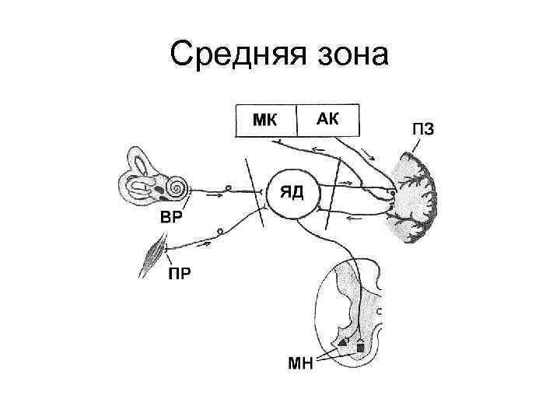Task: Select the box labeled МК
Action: (265, 121)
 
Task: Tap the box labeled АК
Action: (327, 121)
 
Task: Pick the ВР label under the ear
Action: (172, 217)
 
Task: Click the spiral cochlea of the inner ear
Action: (177, 188)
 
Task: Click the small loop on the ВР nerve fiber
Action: (228, 188)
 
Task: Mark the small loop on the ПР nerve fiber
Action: (220, 230)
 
